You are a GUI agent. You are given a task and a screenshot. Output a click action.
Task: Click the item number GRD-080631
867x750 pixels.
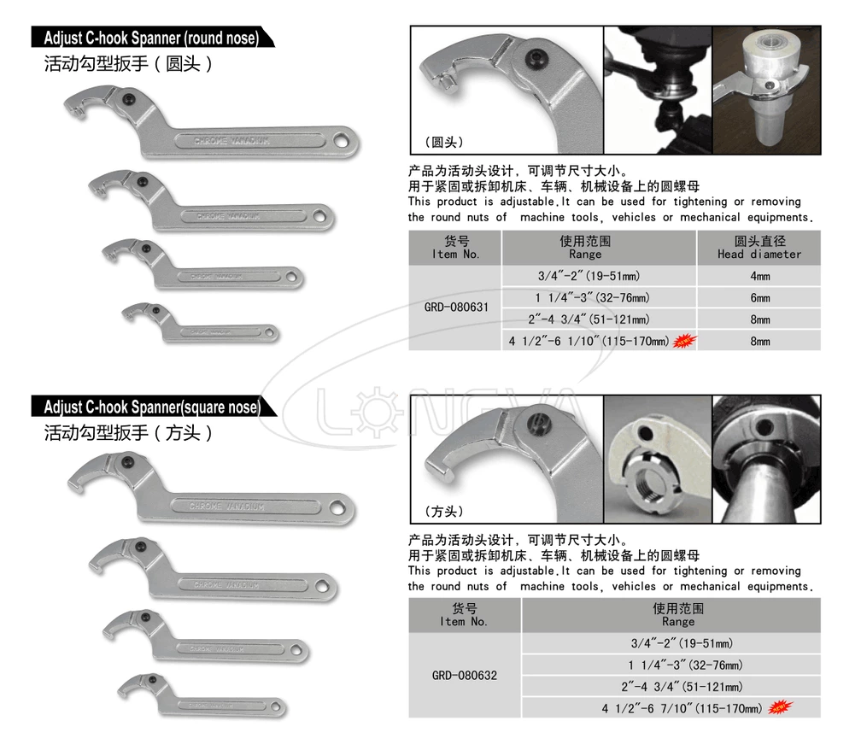click(455, 308)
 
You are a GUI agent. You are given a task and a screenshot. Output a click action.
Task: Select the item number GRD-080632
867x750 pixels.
click(465, 676)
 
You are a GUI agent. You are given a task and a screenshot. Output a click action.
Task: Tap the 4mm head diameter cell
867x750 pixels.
click(759, 276)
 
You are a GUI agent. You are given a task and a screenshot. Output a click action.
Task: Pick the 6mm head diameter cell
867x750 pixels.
click(759, 297)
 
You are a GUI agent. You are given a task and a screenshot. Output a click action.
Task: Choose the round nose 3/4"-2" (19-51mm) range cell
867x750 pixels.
click(588, 276)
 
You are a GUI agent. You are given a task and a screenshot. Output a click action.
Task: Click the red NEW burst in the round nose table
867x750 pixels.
click(683, 341)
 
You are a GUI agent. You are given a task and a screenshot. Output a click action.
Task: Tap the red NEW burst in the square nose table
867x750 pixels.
click(779, 707)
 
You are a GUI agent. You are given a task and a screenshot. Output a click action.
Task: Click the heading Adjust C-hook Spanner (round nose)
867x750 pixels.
click(151, 38)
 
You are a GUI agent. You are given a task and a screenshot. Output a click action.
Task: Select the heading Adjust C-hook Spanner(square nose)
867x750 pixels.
click(151, 407)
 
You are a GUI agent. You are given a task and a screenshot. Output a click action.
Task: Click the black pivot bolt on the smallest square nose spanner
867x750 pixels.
click(155, 678)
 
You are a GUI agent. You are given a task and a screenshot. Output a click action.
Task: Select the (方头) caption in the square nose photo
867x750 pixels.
click(444, 512)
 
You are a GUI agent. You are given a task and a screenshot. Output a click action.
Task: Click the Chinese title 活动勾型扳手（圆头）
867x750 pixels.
click(128, 64)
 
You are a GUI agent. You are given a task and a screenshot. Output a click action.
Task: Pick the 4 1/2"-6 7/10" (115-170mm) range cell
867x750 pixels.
click(678, 708)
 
